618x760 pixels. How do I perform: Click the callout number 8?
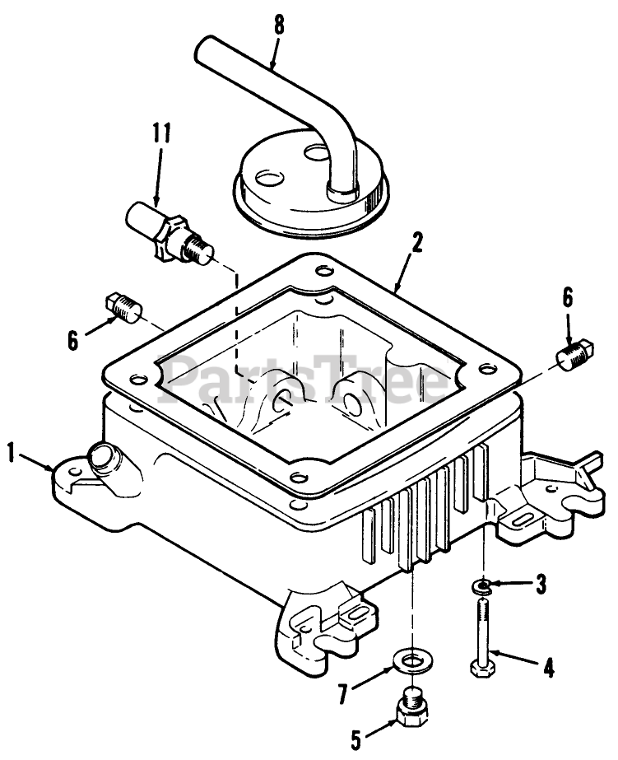(278, 25)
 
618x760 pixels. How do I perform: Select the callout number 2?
(417, 243)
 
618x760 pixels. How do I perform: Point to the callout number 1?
(11, 452)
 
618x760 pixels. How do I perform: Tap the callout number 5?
(356, 739)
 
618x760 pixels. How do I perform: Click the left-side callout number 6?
(74, 339)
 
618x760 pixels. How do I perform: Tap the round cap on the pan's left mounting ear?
(105, 455)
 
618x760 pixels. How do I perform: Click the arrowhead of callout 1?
(51, 469)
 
